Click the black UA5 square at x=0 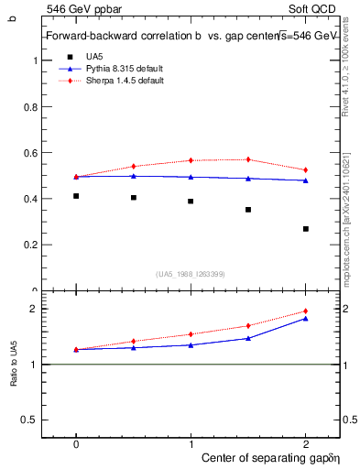(x=76, y=196)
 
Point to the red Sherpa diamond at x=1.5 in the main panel (x=248, y=159)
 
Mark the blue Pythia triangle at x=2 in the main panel (x=306, y=180)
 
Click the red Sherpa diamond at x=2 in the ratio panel (x=306, y=311)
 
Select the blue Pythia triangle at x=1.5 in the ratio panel (x=248, y=338)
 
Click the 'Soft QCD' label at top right (x=317, y=8)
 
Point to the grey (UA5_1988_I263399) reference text (x=191, y=274)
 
